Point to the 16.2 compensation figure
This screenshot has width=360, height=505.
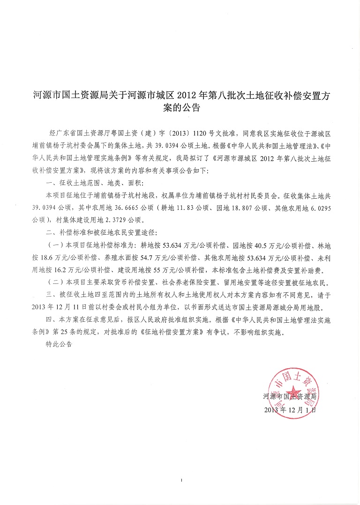coord(64,270)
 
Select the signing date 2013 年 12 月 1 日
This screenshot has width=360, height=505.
coord(290,408)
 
